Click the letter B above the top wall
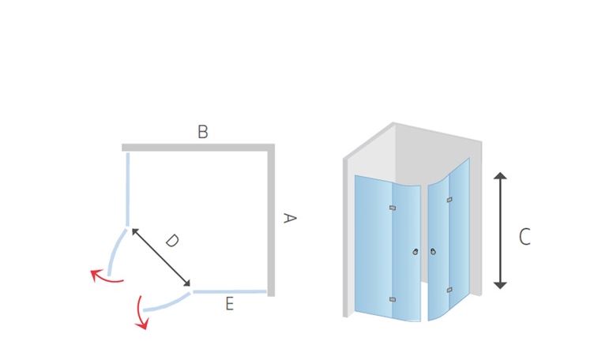click(203, 132)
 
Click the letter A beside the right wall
click(290, 218)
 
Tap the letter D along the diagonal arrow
click(172, 240)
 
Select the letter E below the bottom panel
click(229, 304)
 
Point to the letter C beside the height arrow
click(524, 237)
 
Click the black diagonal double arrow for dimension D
click(161, 257)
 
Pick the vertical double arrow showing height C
click(500, 231)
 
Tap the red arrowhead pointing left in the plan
click(96, 274)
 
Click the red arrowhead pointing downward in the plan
click(143, 323)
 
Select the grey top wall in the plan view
click(198, 148)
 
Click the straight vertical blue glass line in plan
click(128, 189)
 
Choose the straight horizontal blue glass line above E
click(230, 292)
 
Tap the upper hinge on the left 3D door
click(393, 208)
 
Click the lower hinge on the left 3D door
click(393, 299)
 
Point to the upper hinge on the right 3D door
click(449, 200)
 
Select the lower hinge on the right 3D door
click(449, 290)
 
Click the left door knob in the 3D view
click(415, 252)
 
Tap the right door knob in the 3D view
click(433, 251)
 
